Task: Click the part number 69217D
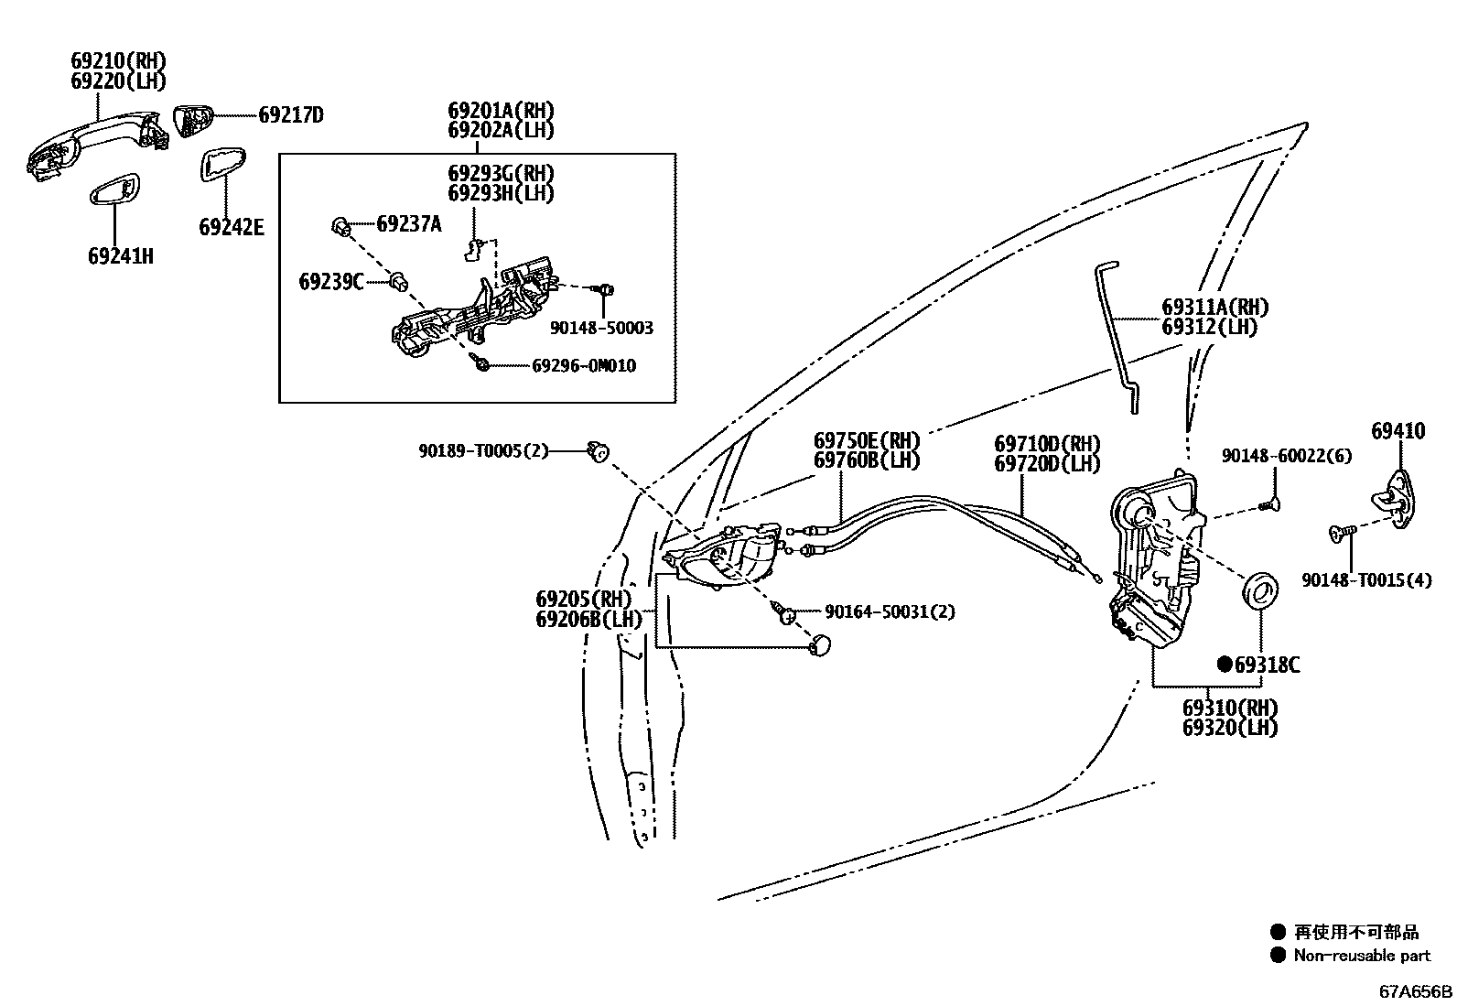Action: (x=291, y=115)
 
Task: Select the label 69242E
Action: (x=232, y=227)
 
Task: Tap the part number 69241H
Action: (x=121, y=256)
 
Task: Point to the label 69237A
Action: (x=409, y=223)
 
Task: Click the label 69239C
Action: (x=331, y=281)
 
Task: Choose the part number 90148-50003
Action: (x=602, y=328)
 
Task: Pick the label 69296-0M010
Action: (x=584, y=366)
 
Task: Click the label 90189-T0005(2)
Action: (x=483, y=450)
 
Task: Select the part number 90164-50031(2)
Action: (x=890, y=611)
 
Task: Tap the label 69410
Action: (x=1398, y=431)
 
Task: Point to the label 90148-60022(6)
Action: (x=1287, y=456)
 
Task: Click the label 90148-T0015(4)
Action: (x=1366, y=579)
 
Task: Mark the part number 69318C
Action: (x=1267, y=665)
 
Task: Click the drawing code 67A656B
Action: (x=1416, y=991)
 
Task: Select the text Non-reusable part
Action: (x=1361, y=956)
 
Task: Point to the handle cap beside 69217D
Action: (x=193, y=119)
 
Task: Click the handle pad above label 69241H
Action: (x=115, y=189)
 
